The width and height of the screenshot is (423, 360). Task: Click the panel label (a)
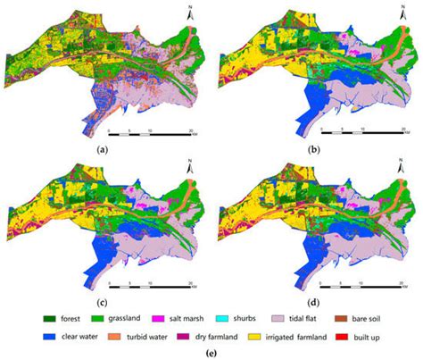104,150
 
